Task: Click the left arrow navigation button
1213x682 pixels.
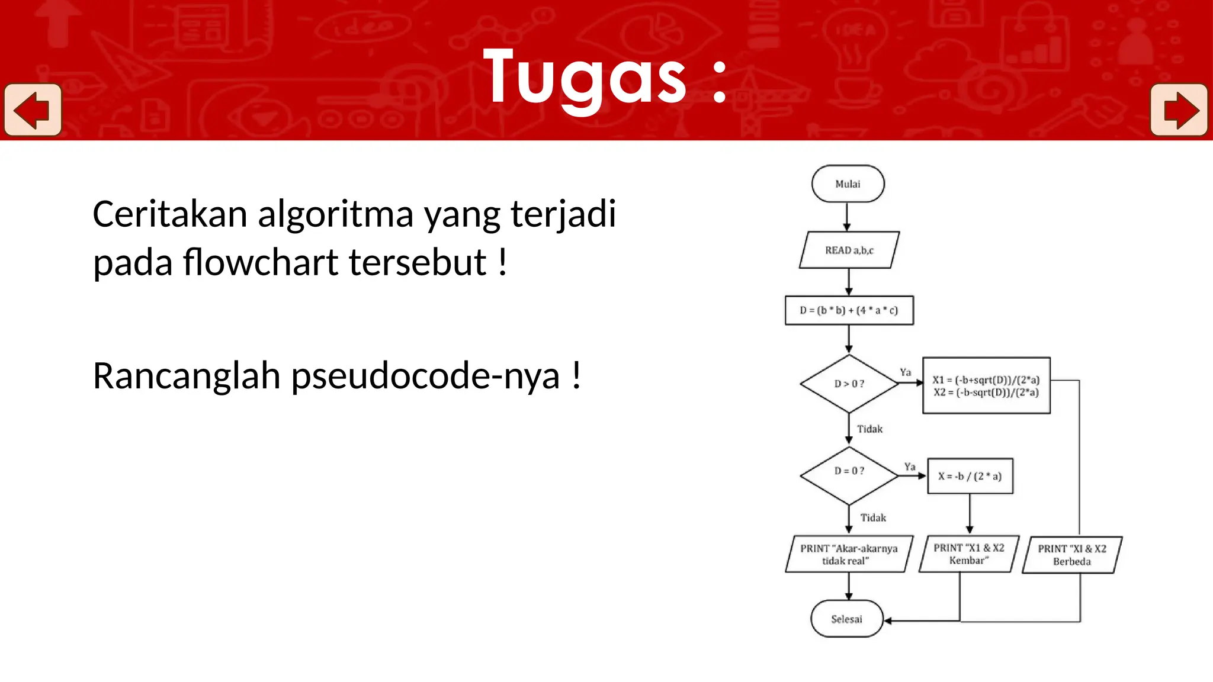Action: [x=33, y=110]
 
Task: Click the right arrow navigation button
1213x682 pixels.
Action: [x=1179, y=110]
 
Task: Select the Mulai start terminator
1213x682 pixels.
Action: [x=848, y=184]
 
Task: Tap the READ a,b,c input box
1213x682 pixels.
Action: [x=849, y=250]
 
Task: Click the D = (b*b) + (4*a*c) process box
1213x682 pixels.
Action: [x=849, y=310]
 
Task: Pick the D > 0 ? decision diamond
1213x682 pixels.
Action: [x=849, y=384]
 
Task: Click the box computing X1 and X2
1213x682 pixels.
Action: [x=986, y=385]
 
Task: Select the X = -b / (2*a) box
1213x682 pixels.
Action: [x=970, y=476]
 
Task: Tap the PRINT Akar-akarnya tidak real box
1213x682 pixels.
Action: [x=849, y=555]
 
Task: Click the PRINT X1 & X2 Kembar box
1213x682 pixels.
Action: [x=968, y=554]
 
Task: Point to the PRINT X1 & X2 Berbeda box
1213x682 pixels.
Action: [x=1071, y=555]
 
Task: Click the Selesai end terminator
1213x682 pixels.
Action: [x=846, y=619]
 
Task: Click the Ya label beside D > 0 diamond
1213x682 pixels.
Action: [x=905, y=372]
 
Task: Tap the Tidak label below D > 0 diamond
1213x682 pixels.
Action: [x=869, y=429]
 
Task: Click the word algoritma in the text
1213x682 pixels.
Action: [x=335, y=214]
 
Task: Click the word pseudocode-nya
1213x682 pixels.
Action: [x=425, y=377]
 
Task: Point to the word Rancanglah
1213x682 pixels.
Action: [x=187, y=377]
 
